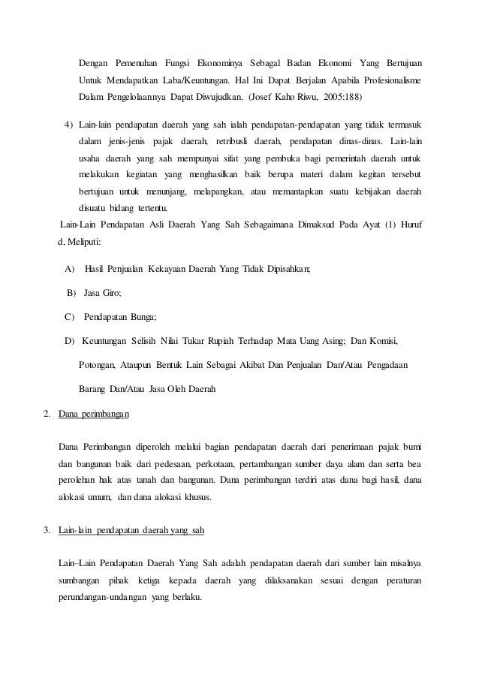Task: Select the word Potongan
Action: [x=97, y=366]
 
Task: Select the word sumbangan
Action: [x=80, y=582]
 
